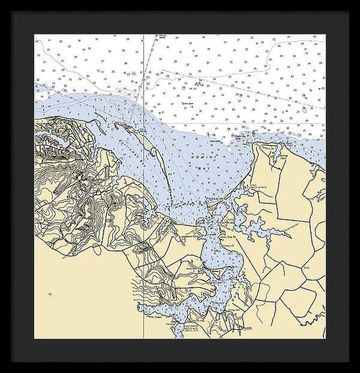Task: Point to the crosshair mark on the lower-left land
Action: coord(50,294)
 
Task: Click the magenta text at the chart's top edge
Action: coord(163,37)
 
